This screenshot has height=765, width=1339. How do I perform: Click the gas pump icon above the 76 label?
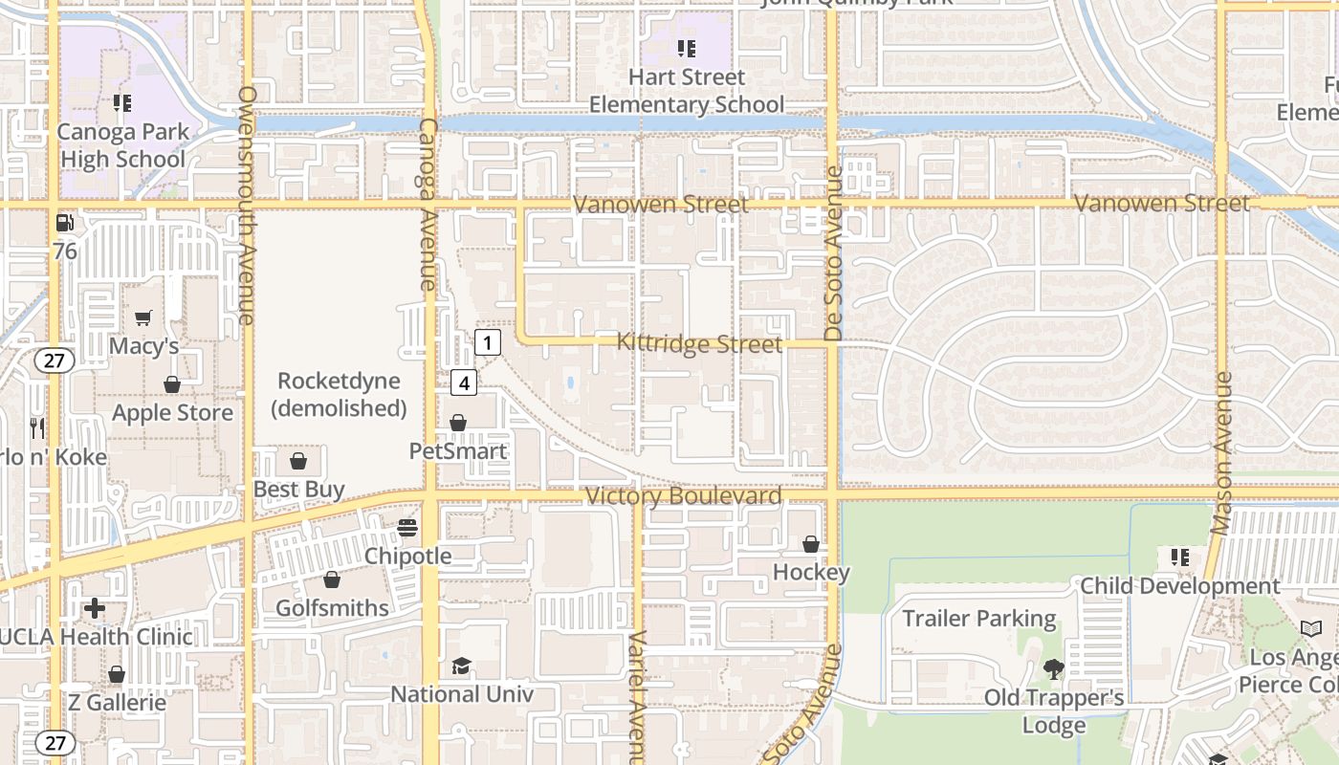click(x=64, y=223)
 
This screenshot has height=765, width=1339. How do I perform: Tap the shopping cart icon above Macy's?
click(x=143, y=317)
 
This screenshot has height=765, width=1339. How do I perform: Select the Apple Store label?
click(x=173, y=413)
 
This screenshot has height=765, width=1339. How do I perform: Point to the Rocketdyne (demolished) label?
click(x=339, y=394)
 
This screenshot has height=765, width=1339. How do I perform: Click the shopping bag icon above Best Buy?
click(x=298, y=462)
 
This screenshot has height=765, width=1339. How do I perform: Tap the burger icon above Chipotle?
click(x=407, y=528)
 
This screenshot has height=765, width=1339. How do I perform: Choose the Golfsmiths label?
click(x=332, y=608)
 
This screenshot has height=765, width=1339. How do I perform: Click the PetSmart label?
click(x=458, y=450)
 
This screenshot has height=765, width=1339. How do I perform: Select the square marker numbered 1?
click(x=487, y=342)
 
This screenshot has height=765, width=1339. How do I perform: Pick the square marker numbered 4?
click(x=464, y=383)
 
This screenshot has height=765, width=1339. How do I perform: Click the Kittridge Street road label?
click(x=699, y=343)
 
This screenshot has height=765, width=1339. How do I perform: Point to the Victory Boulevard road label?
click(x=683, y=496)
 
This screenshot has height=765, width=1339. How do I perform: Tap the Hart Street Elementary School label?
click(x=687, y=91)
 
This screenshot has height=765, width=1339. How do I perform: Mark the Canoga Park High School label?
click(x=123, y=145)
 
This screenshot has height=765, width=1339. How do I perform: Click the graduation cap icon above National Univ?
click(x=462, y=666)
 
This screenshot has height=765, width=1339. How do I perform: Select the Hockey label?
click(x=811, y=573)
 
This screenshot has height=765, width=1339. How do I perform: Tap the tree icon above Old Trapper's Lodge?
click(x=1054, y=669)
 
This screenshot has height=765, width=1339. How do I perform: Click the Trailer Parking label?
click(x=979, y=619)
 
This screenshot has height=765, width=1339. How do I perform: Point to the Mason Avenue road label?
click(x=1220, y=453)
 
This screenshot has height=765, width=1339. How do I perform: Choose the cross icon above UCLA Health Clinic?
click(x=95, y=607)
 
